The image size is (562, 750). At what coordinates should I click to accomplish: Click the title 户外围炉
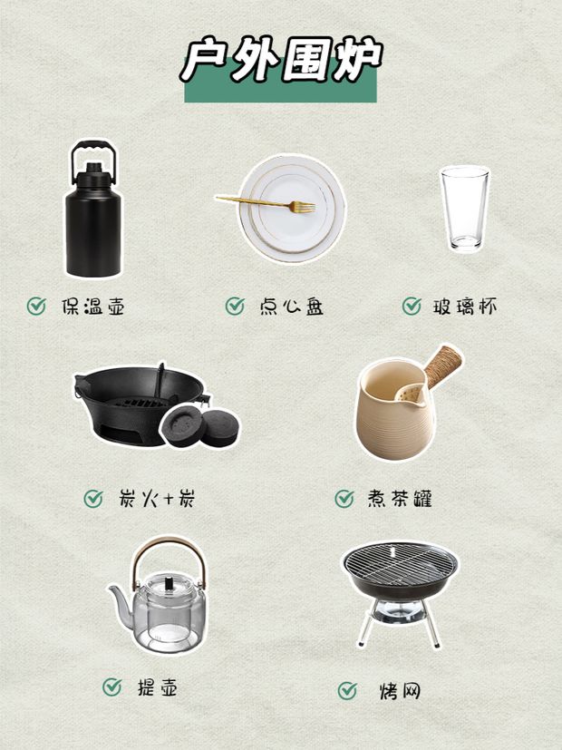[x=281, y=60]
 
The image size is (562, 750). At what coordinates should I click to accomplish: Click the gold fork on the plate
[x=266, y=204]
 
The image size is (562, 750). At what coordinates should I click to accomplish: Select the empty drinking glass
[x=464, y=209]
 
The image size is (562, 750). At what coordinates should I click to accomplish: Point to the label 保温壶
[x=93, y=307]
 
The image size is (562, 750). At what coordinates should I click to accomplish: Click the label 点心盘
[x=291, y=307]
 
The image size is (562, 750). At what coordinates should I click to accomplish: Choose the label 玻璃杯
[x=464, y=307]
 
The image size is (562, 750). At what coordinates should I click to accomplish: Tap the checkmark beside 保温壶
[x=36, y=306]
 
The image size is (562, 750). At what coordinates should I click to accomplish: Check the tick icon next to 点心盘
[x=235, y=306]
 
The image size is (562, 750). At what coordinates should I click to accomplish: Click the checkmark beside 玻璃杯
[x=412, y=306]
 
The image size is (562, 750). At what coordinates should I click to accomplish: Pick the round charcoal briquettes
[x=199, y=425]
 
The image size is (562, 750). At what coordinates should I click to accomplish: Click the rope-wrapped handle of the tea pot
[x=443, y=365]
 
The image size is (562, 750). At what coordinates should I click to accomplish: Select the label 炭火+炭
[x=157, y=499]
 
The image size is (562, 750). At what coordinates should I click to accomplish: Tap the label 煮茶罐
[x=400, y=499]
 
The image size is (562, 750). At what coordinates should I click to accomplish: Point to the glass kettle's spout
[x=121, y=600]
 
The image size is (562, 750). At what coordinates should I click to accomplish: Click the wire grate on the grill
[x=400, y=564]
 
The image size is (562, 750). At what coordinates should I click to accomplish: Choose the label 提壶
[x=157, y=687]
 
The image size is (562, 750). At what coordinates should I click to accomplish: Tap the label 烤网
[x=400, y=691]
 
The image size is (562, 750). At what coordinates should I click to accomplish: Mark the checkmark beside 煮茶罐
[x=344, y=499]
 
